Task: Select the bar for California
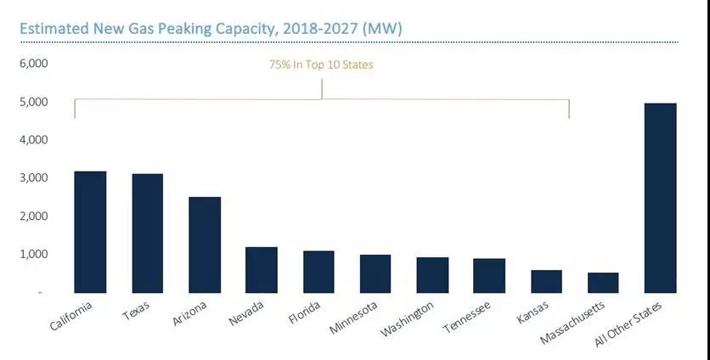click(91, 231)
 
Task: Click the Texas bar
click(148, 233)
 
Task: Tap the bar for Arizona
click(205, 245)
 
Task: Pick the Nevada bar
click(262, 269)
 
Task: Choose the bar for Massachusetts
click(603, 282)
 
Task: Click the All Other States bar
click(660, 197)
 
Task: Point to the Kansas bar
click(546, 280)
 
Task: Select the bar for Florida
click(318, 271)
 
